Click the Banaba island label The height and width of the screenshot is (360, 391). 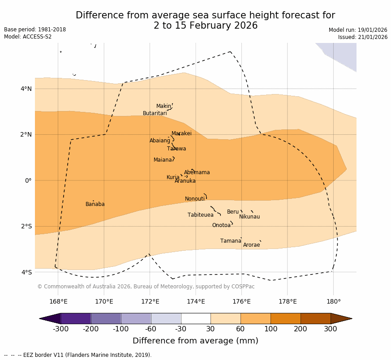pyautogui.click(x=95, y=205)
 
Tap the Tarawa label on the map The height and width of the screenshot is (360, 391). pyautogui.click(x=176, y=149)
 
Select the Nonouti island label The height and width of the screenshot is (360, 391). pyautogui.click(x=195, y=199)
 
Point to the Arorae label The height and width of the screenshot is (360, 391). pyautogui.click(x=251, y=245)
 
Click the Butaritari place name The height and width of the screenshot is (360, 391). pyautogui.click(x=155, y=114)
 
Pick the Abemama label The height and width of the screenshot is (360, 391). pyautogui.click(x=197, y=173)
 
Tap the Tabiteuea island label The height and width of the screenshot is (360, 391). pyautogui.click(x=200, y=215)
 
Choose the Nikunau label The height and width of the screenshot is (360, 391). pyautogui.click(x=249, y=217)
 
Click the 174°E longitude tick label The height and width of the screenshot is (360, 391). pyautogui.click(x=196, y=301)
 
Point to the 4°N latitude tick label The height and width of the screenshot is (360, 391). pyautogui.click(x=26, y=89)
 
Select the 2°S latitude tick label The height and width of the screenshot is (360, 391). pyautogui.click(x=26, y=227)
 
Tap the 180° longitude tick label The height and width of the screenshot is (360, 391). pyautogui.click(x=333, y=301)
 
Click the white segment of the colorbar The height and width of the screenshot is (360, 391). pyautogui.click(x=196, y=318)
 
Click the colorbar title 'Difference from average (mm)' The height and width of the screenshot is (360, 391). pyautogui.click(x=195, y=341)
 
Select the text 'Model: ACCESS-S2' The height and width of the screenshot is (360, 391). pyautogui.click(x=28, y=37)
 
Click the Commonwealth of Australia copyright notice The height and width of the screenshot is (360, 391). pyautogui.click(x=146, y=287)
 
